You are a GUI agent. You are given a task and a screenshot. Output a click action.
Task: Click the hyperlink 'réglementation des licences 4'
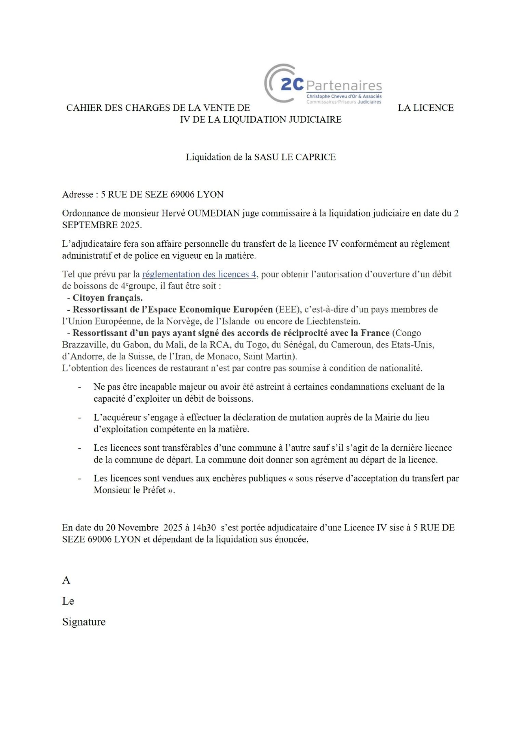click(199, 274)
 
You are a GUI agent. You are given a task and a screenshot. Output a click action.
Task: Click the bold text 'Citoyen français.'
click(108, 298)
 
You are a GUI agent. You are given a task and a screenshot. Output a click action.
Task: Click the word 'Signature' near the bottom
click(84, 622)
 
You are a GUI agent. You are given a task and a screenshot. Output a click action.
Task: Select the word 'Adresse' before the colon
click(78, 194)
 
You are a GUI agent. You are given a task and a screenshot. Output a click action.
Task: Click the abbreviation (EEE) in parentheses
click(287, 309)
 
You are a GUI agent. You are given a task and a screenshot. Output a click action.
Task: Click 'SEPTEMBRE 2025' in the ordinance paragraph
click(101, 225)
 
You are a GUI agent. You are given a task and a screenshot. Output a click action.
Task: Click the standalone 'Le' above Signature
click(68, 601)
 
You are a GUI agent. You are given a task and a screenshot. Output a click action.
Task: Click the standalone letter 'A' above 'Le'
click(66, 580)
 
